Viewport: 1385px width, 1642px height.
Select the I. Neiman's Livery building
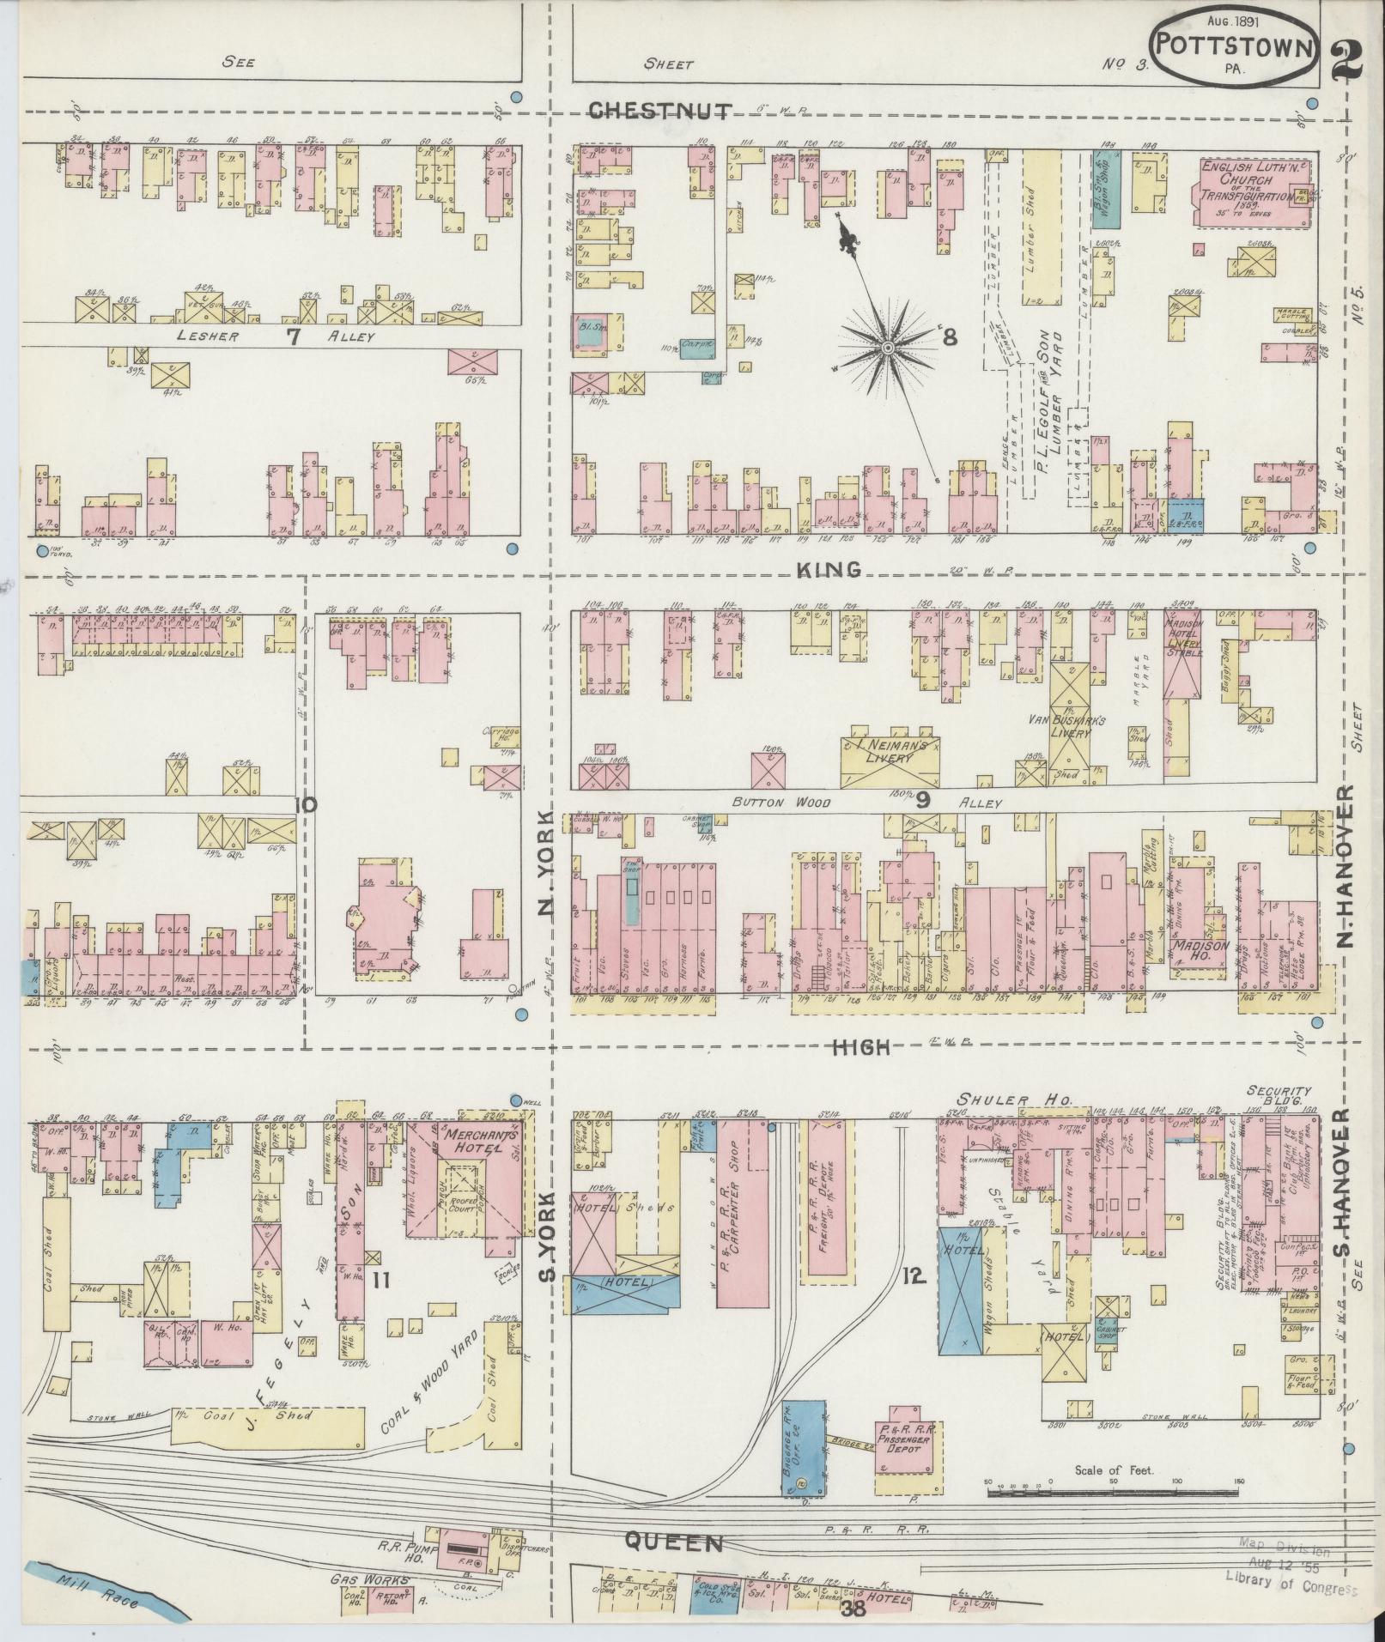point(890,757)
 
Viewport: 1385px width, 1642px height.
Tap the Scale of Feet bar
point(1114,1493)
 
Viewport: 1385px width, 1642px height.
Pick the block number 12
point(913,1301)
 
